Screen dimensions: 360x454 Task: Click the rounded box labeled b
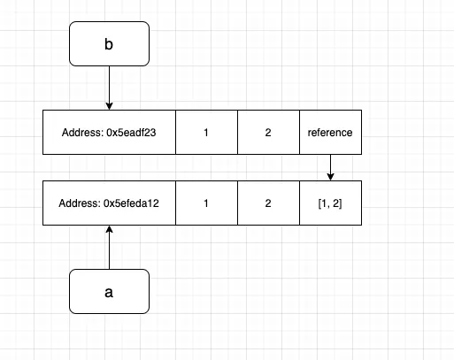[109, 44]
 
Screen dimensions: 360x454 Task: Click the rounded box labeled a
[109, 291]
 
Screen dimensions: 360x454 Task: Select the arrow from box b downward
[109, 88]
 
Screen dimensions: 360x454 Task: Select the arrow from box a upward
[109, 248]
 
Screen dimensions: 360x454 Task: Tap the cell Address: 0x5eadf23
[109, 133]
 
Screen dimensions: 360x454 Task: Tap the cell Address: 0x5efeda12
[109, 203]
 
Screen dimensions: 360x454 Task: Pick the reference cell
[330, 133]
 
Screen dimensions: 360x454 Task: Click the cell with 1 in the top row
[206, 133]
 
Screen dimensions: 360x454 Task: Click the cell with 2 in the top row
[268, 133]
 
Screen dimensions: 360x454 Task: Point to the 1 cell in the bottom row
[206, 203]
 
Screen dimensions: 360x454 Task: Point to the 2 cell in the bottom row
[268, 203]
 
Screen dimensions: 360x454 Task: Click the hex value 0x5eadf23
[131, 133]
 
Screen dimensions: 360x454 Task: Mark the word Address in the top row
[81, 133]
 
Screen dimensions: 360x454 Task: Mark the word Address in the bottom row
[78, 203]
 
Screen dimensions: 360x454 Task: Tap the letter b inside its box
[109, 44]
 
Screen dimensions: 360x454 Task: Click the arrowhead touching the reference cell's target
[330, 176]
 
